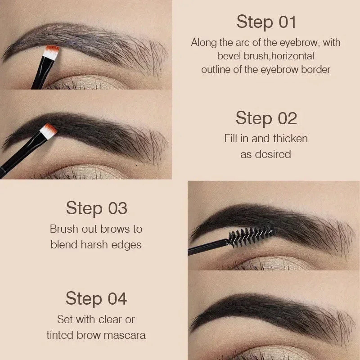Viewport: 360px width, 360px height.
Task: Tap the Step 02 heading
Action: pyautogui.click(x=266, y=118)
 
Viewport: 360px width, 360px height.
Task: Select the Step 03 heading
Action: pyautogui.click(x=96, y=208)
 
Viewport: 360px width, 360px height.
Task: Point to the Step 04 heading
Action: pyautogui.click(x=96, y=298)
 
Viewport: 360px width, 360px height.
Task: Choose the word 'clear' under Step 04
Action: pyautogui.click(x=107, y=319)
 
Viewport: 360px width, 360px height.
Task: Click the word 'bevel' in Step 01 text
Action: pyautogui.click(x=229, y=57)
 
